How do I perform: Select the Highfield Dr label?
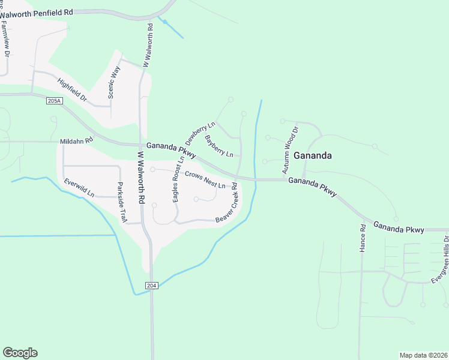pos(73,90)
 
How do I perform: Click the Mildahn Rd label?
pos(77,141)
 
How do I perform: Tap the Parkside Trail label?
pos(122,202)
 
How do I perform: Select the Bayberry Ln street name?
pos(218,146)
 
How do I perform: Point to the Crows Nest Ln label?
pos(205,180)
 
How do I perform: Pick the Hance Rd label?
pos(363,238)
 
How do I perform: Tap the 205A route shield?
pos(54,101)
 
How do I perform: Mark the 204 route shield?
pos(152,286)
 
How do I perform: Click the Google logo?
pos(20,353)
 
